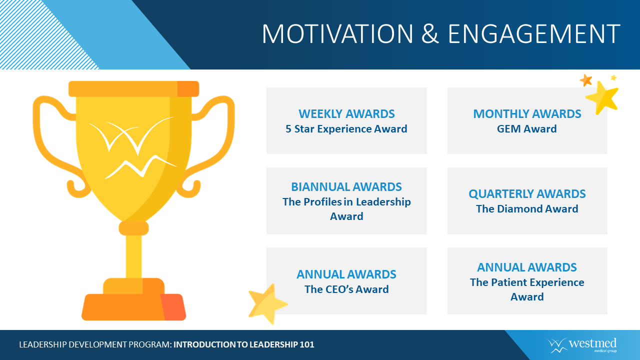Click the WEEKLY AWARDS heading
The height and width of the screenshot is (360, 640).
346,114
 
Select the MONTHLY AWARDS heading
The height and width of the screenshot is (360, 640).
527,114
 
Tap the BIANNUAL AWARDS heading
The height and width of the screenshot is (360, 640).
346,187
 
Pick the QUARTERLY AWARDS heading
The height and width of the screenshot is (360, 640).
527,194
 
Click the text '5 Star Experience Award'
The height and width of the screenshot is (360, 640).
346,129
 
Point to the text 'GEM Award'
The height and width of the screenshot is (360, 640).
527,129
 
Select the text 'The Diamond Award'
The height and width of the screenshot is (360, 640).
527,209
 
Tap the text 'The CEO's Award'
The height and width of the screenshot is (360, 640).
346,289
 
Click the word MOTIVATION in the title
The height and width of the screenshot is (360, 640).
337,33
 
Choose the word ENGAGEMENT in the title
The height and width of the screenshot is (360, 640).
534,33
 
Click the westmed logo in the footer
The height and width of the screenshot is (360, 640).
581,345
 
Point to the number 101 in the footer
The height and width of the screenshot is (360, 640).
307,344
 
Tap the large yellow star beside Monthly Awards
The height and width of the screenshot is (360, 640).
602,97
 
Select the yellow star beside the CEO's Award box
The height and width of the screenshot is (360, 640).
267,303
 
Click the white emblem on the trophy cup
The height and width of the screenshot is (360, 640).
133,147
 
